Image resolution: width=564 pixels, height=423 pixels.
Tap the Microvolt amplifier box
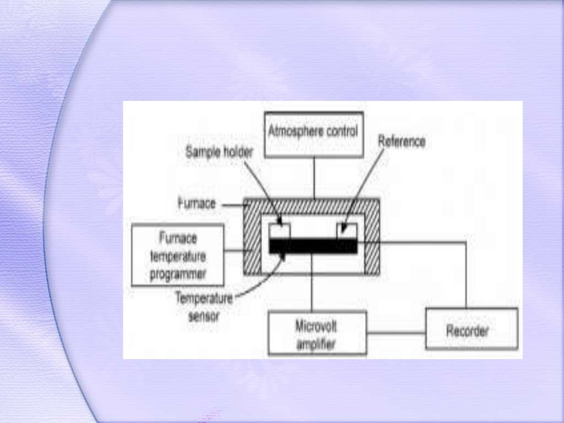317,333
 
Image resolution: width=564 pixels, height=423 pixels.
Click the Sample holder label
219,153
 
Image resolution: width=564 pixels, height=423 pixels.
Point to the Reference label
402,141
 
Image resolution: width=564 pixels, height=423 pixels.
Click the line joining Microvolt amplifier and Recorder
396,333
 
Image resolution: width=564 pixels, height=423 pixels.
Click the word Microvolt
316,326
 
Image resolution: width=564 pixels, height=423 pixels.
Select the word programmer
178,274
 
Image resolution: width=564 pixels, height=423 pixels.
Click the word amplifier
317,344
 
